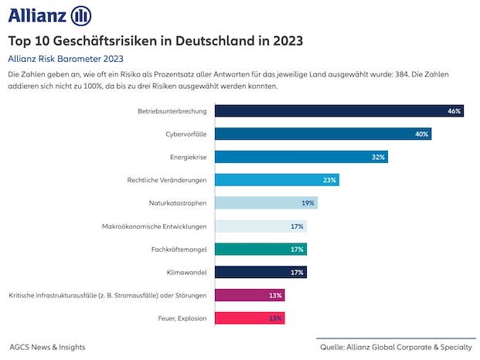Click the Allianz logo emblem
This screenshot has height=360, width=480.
pos(81,15)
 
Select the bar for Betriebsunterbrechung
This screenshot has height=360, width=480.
pos(339,110)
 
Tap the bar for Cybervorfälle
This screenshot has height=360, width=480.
pos(322,134)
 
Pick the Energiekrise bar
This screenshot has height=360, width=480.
pos(301,157)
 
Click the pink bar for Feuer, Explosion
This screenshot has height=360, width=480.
pos(249,318)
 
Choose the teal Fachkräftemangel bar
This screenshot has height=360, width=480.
pos(260,249)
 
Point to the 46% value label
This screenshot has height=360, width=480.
pos(454,111)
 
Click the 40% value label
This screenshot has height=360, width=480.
pos(421,134)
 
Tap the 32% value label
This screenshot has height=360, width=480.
pos(378,157)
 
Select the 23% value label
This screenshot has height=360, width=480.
pos(329,180)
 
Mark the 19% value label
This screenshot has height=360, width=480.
pos(308,203)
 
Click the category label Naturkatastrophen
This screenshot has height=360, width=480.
pos(178,203)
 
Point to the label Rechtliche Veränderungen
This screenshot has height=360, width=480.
pos(167,180)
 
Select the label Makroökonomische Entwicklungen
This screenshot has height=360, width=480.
pos(154,226)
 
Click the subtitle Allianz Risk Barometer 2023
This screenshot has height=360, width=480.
pos(66,58)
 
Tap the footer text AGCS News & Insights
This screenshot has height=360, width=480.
pos(48,347)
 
